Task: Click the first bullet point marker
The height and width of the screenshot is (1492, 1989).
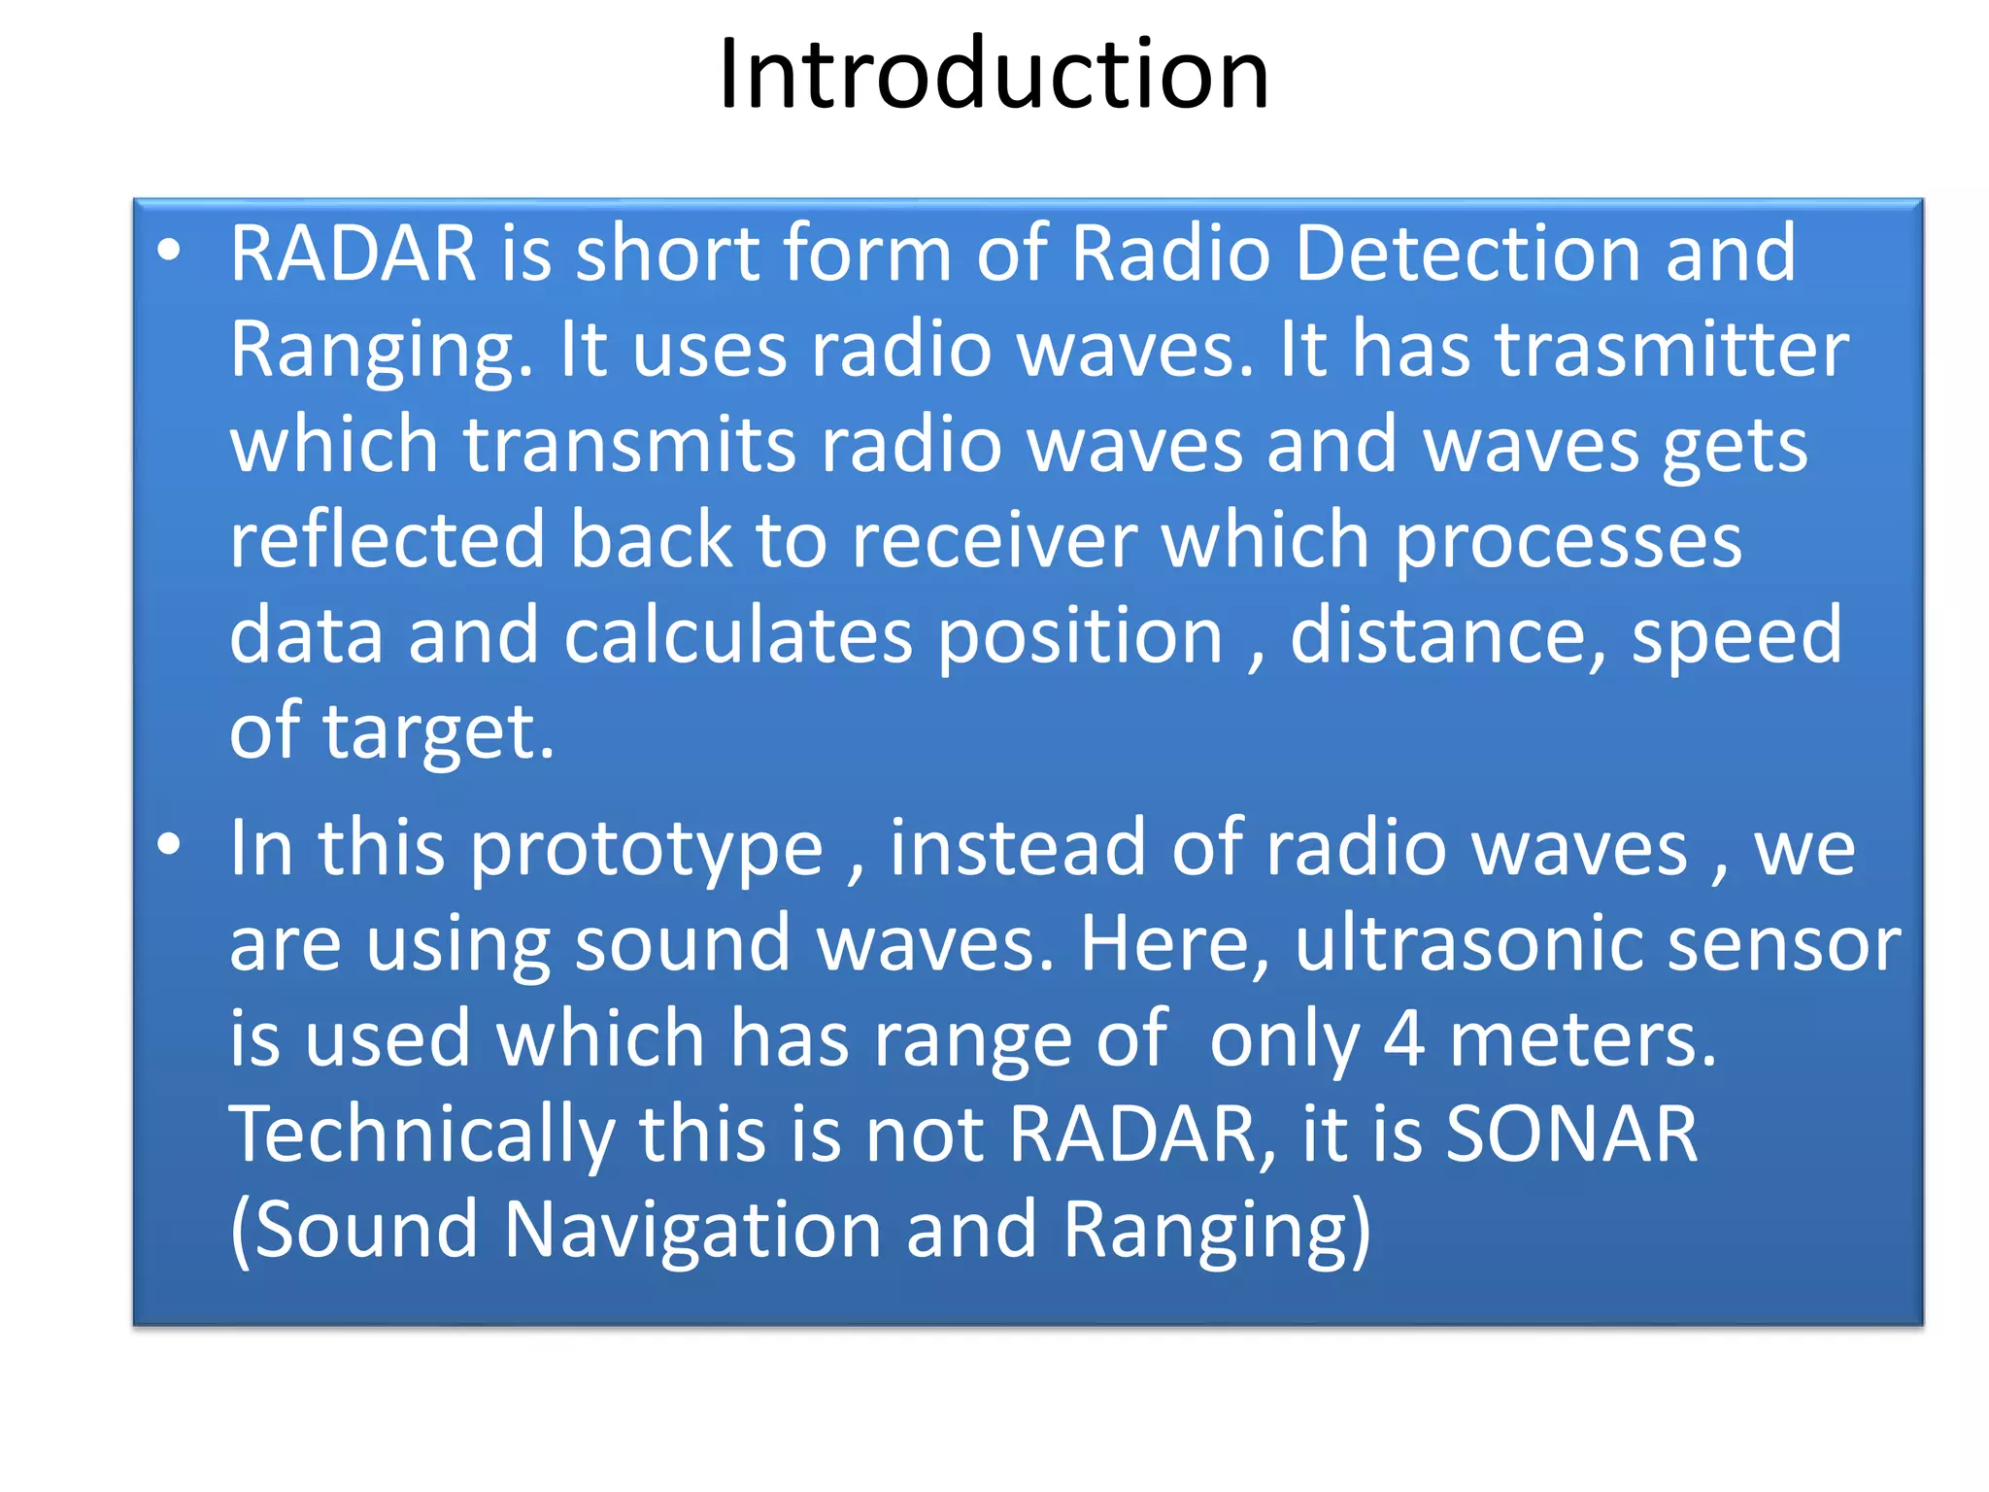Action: pos(169,251)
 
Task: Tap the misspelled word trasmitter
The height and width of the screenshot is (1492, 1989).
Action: pos(1671,349)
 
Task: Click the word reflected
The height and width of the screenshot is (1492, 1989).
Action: pos(387,539)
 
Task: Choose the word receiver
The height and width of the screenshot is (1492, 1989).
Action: pos(994,539)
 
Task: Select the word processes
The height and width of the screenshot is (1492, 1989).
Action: pos(1568,539)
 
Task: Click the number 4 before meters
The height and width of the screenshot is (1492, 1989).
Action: pos(1403,1038)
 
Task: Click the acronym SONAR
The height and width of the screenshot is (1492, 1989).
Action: pos(1571,1134)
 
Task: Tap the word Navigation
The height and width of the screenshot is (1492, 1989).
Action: pos(691,1230)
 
